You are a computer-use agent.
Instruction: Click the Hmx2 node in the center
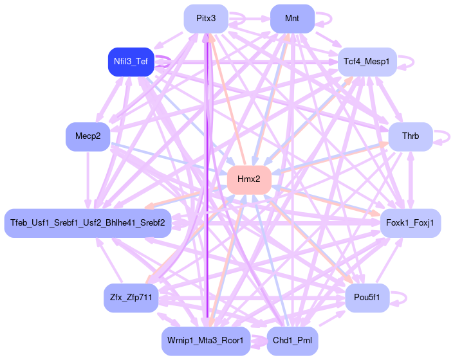[249, 179]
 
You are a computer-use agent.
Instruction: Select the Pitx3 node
[206, 18]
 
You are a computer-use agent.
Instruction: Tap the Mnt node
[292, 18]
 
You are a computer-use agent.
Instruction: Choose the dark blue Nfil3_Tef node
[131, 62]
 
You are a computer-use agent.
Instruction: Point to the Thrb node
[410, 136]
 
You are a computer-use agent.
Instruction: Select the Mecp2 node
[88, 136]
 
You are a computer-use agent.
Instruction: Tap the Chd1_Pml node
[292, 341]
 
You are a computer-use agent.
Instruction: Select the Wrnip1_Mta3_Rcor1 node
[205, 341]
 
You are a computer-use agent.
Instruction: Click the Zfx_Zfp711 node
[131, 298]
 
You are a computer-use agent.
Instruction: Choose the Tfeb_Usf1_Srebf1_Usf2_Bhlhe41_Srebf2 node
[88, 223]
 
